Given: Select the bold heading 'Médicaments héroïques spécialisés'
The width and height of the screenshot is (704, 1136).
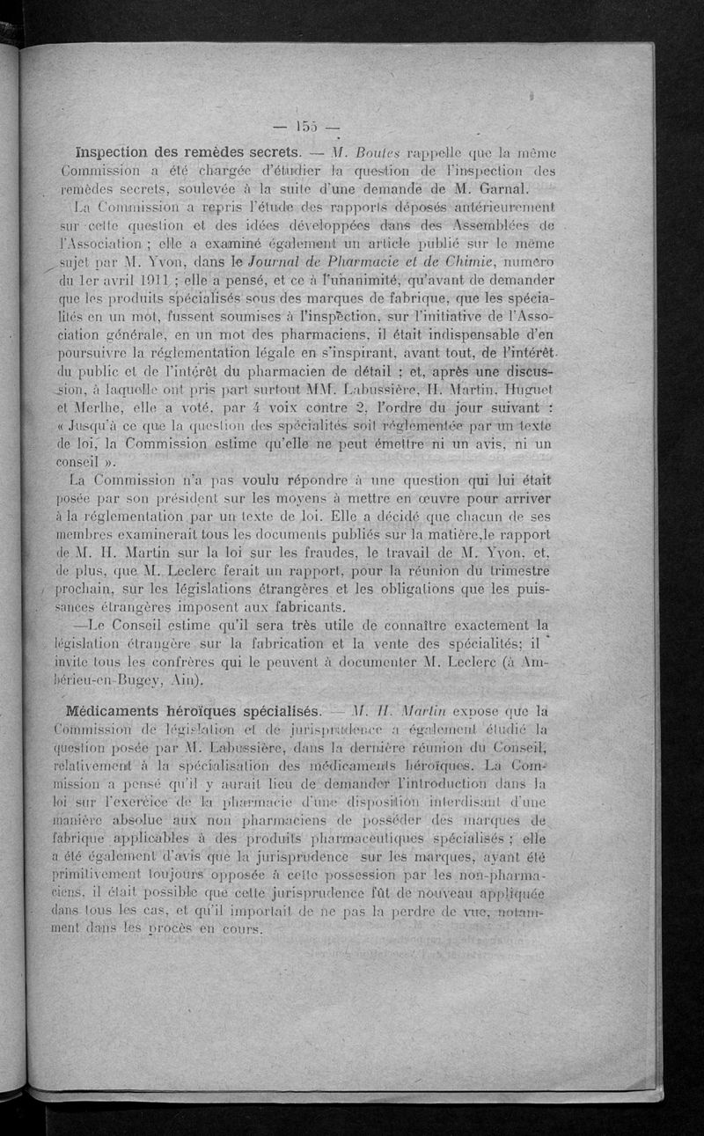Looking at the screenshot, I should pyautogui.click(x=185, y=710).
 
